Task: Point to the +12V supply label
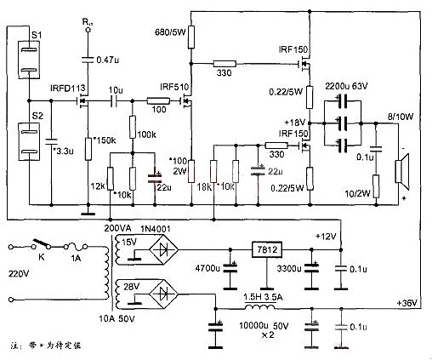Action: coord(327,235)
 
